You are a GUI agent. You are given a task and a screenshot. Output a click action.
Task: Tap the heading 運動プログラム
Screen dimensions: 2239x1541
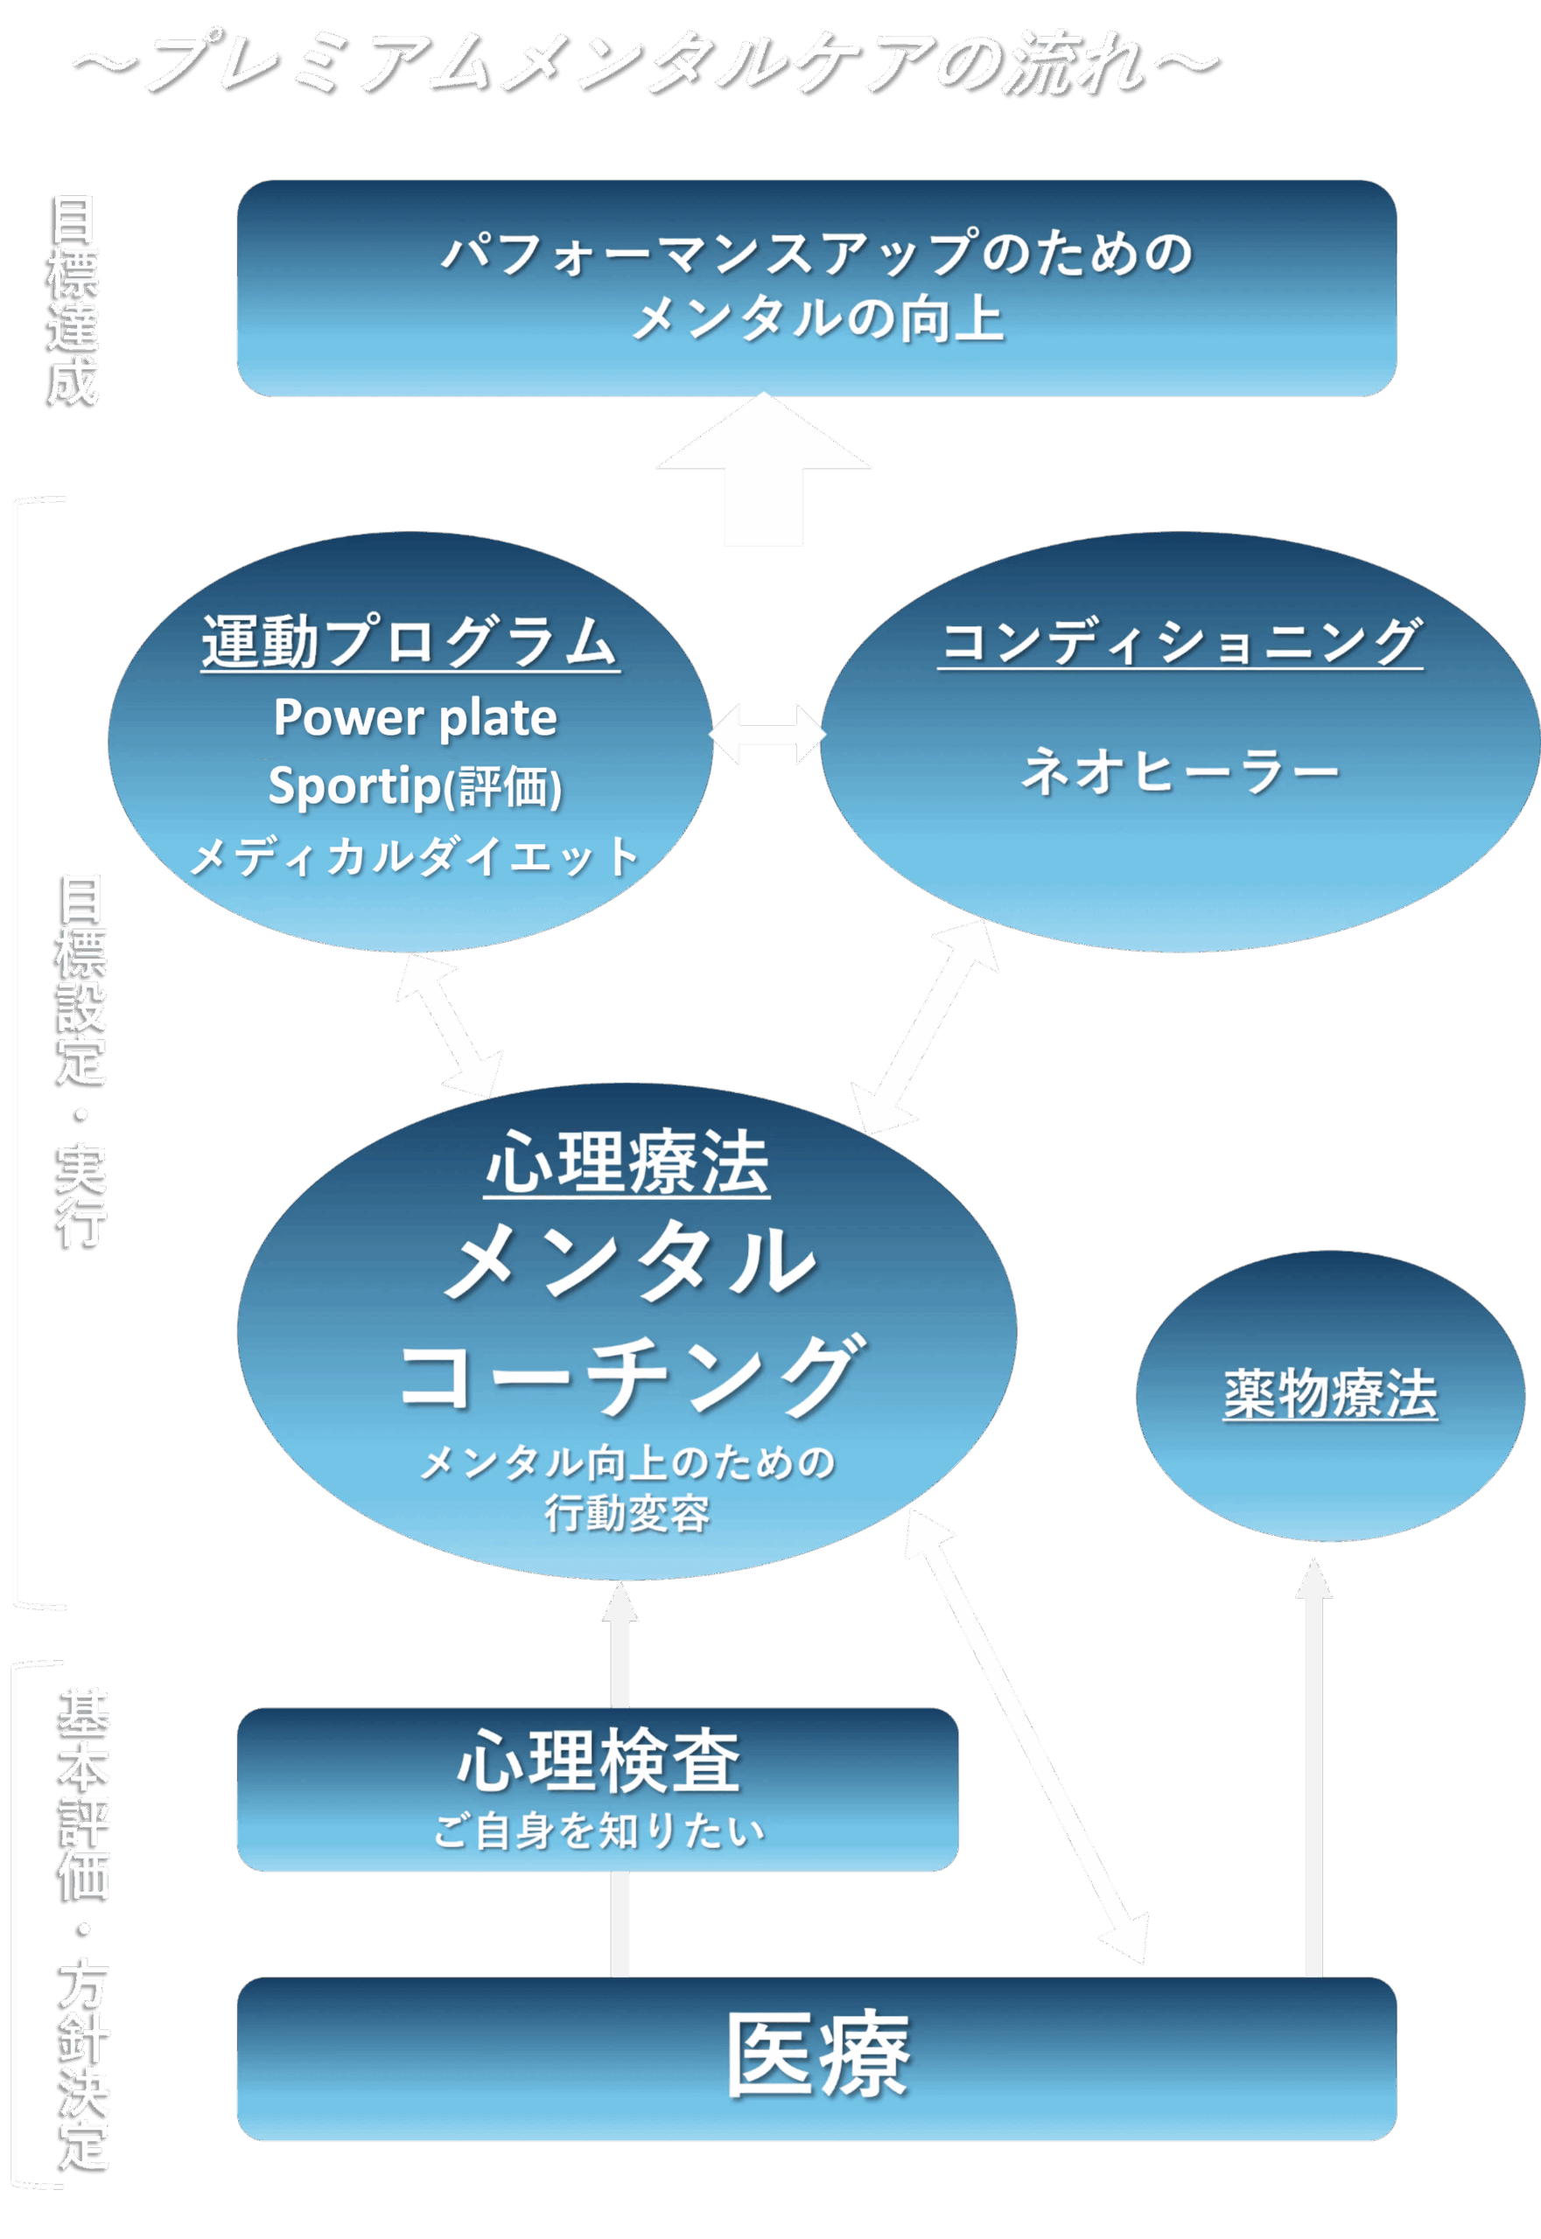(x=410, y=642)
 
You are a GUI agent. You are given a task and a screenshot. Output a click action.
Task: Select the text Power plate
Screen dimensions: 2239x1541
(x=415, y=717)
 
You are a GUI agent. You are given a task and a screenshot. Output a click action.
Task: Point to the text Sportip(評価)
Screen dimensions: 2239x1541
(x=415, y=785)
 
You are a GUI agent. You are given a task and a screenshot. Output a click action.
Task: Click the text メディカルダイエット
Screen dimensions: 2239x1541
(x=415, y=856)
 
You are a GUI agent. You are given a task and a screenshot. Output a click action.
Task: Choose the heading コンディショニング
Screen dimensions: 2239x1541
(x=1180, y=642)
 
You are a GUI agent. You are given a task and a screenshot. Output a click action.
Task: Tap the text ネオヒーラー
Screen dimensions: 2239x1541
(x=1180, y=772)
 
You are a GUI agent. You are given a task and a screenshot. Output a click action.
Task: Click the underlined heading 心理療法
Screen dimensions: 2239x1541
(x=627, y=1164)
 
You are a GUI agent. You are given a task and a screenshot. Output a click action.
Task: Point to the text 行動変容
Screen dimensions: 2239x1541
(x=627, y=1513)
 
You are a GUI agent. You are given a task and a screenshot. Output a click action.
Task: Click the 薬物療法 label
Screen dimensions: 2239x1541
(x=1330, y=1394)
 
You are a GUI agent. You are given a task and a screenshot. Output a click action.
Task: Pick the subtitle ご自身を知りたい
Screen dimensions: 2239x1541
(x=599, y=1831)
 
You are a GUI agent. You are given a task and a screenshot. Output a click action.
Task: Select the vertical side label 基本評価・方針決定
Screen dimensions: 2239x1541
(x=82, y=1930)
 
